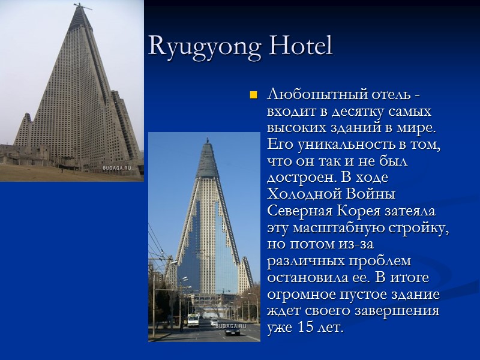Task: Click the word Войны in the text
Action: [x=372, y=195]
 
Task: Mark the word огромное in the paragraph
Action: [x=302, y=295]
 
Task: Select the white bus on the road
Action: [x=193, y=319]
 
